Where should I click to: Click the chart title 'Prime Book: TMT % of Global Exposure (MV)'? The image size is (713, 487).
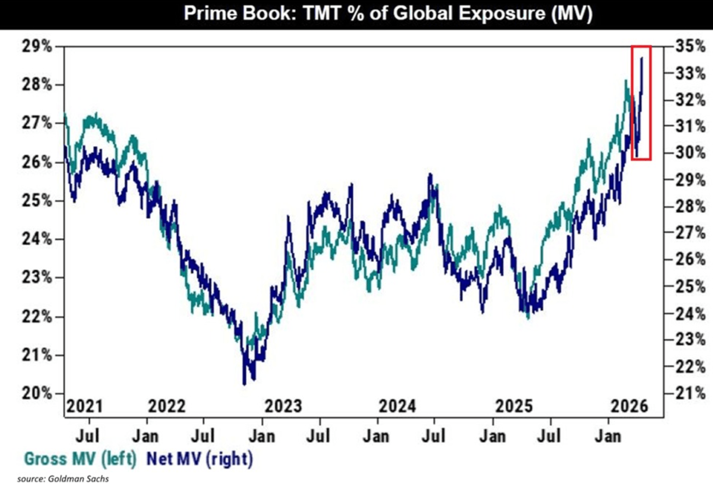pos(388,14)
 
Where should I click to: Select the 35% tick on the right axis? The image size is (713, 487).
pos(690,47)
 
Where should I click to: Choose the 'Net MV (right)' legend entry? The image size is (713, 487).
pos(200,459)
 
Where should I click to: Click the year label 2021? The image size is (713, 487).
pos(84,406)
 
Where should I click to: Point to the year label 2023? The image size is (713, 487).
pos(283,406)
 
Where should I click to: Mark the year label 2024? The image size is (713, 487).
pos(397,406)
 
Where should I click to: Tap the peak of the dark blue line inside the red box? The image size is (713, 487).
pos(642,58)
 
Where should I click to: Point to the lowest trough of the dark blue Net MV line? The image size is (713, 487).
pos(244,384)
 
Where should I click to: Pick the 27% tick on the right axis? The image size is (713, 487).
pos(690,233)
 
